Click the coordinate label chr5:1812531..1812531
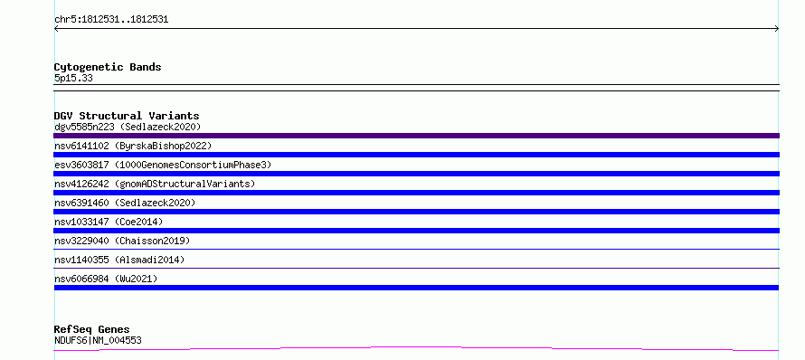(x=111, y=20)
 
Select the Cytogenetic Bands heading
(x=108, y=67)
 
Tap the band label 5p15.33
(x=73, y=79)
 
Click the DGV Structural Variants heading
(x=127, y=116)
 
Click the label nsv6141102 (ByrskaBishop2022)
(x=133, y=146)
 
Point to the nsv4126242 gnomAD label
(x=155, y=184)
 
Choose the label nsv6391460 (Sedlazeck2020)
(x=125, y=203)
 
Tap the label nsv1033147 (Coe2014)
(x=109, y=222)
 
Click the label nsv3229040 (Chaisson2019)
(x=122, y=241)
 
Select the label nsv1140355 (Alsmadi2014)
(x=119, y=260)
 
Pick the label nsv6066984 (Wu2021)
(x=106, y=279)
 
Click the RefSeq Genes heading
(x=92, y=329)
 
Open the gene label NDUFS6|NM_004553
(x=98, y=340)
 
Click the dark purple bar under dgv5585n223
(x=416, y=136)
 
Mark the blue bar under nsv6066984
(x=416, y=288)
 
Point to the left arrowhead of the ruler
(x=55, y=29)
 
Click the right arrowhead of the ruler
(x=777, y=29)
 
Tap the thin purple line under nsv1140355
(x=416, y=268)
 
